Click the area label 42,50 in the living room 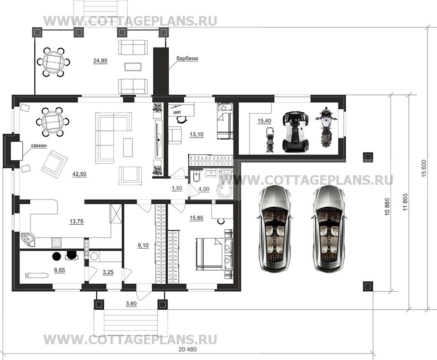[79, 174]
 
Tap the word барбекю [187, 58]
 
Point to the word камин [39, 145]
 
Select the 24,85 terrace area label [100, 60]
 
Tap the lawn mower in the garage [269, 140]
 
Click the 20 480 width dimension [187, 349]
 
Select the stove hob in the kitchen [56, 242]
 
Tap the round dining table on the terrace [53, 62]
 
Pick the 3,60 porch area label [131, 304]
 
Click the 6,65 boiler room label [60, 271]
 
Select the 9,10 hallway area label [143, 246]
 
